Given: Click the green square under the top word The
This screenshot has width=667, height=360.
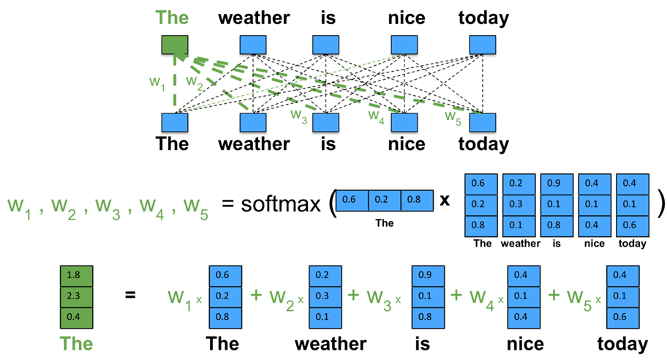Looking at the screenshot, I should point(173,45).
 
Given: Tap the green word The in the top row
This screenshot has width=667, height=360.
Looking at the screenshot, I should point(173,17).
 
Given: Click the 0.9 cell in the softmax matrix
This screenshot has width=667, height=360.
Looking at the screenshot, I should point(557,184).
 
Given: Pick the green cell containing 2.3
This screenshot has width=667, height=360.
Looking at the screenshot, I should point(73,296).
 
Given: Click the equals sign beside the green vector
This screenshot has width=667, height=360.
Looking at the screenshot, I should point(130,296).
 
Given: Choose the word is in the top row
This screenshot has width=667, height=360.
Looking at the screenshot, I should point(328,17).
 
